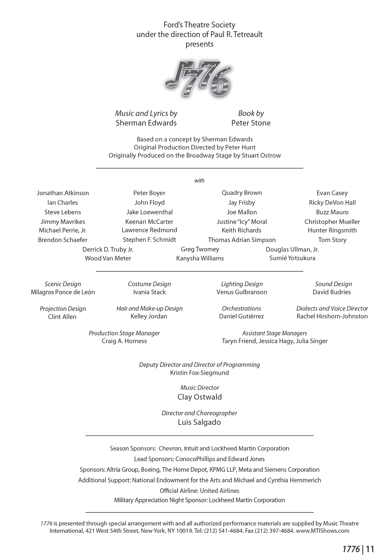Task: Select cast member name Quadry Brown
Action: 242,193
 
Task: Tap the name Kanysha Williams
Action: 200,258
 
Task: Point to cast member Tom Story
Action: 332,240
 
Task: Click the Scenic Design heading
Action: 63,284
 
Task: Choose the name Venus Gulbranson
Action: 242,292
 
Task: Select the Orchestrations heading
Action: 241,308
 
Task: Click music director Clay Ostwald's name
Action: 199,397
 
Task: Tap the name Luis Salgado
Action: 199,422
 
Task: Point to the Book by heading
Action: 251,114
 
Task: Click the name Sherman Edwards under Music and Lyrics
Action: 146,123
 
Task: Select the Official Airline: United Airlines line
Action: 199,491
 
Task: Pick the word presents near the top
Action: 199,44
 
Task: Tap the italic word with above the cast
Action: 199,181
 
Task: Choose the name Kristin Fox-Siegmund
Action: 199,373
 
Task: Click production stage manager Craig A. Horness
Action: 124,341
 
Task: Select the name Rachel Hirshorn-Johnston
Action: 332,316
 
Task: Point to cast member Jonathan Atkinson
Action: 63,193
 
